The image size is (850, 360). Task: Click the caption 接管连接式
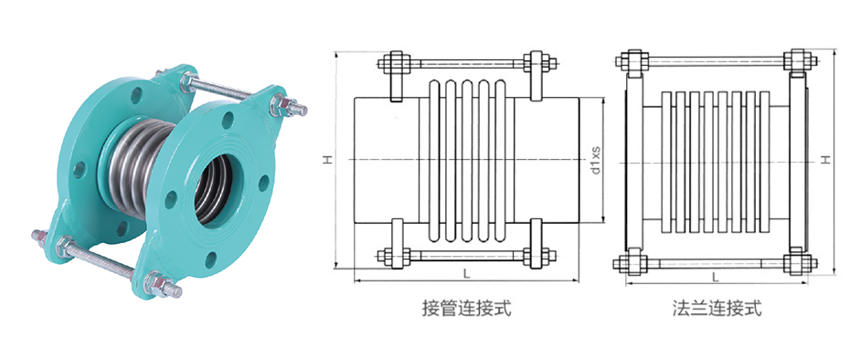pos(466,308)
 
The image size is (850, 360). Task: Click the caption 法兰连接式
pos(716,308)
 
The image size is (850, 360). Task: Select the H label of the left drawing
pos(325,160)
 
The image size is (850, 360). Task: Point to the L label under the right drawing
pos(716,274)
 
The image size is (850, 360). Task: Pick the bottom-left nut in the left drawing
pos(395,255)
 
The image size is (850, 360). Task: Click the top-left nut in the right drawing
pos(630,64)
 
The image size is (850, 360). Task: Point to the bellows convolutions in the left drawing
pos(465,160)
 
